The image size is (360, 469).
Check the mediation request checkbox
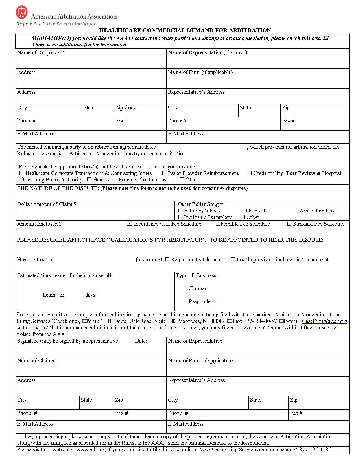tap(326, 38)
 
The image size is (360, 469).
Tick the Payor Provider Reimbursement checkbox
tap(164, 173)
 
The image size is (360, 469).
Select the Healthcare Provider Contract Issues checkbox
tap(89, 179)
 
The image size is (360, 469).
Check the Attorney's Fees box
tap(180, 211)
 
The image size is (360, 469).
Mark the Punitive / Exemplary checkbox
tap(180, 217)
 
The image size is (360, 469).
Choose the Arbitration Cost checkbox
tap(296, 211)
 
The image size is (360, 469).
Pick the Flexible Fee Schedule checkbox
tap(218, 224)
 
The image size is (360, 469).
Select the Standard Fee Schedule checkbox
tap(289, 224)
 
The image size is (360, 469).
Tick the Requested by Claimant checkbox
tap(167, 259)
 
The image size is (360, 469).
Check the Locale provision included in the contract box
tap(233, 259)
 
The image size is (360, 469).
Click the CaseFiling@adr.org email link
tap(324, 321)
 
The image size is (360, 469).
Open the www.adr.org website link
tap(91, 450)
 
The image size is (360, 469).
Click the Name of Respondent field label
tap(41, 52)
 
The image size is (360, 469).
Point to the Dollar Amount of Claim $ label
tap(47, 204)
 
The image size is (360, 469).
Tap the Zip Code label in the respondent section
tap(126, 108)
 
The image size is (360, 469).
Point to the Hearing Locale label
tap(34, 260)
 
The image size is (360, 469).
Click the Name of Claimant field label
tap(38, 361)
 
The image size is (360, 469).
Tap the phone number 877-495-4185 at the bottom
tap(315, 450)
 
